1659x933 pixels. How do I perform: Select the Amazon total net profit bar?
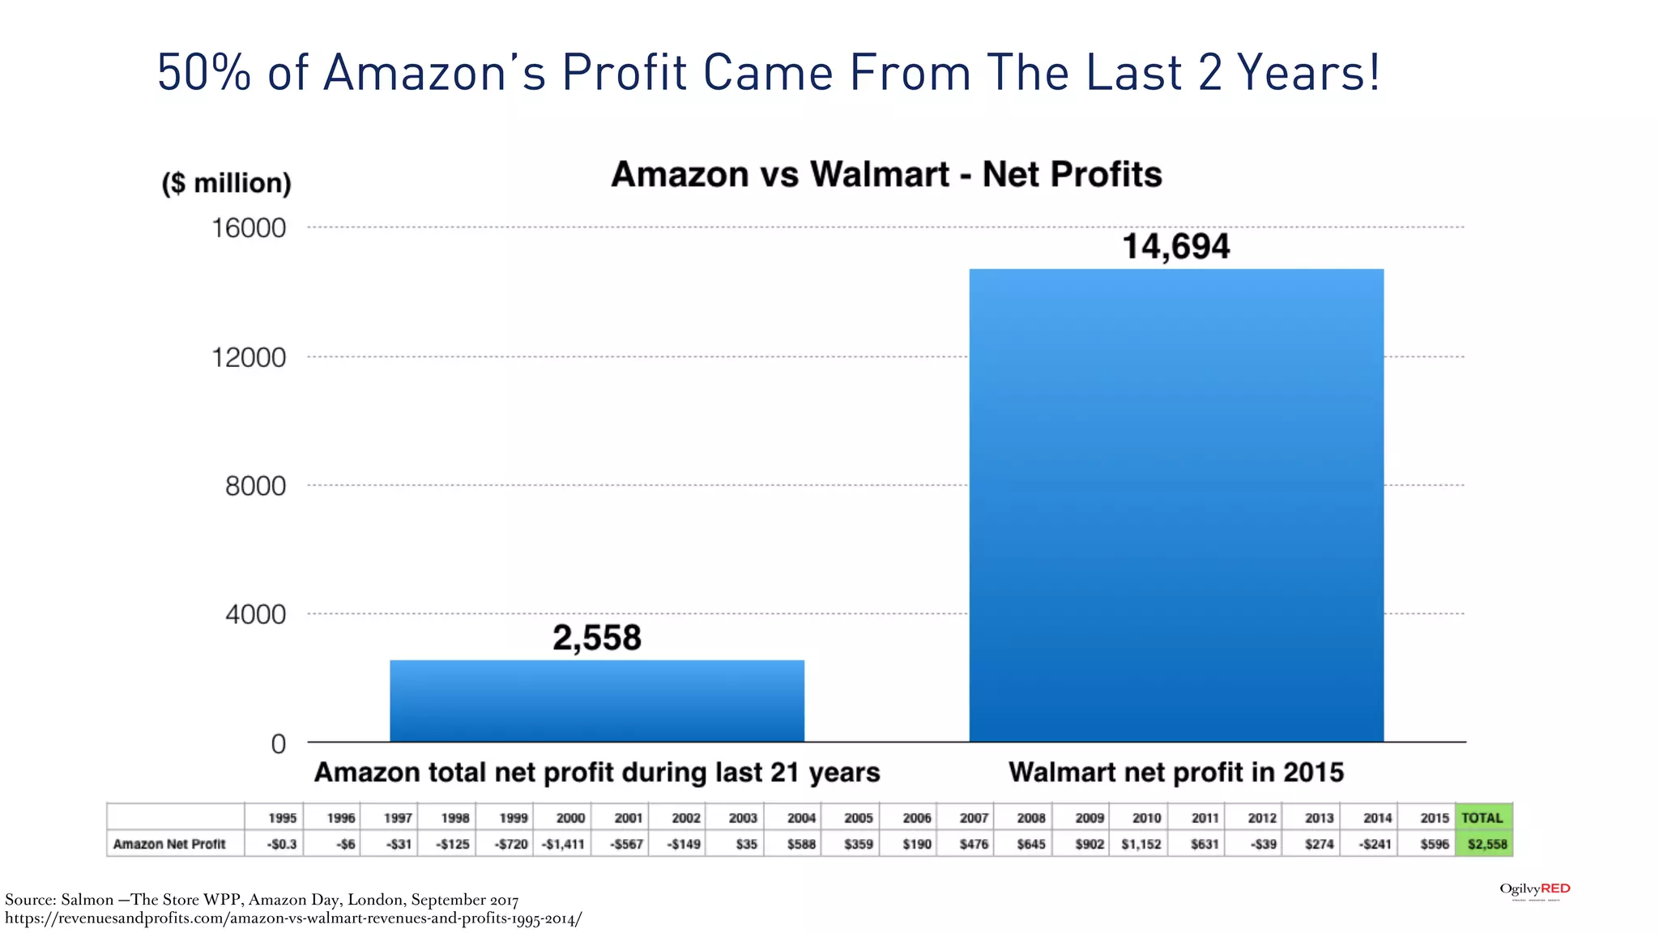597,701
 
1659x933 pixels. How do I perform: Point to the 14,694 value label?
1175,246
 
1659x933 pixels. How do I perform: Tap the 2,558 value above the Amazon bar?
597,638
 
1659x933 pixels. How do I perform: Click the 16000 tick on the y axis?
249,228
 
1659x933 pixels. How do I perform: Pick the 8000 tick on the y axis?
255,486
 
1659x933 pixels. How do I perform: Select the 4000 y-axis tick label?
255,615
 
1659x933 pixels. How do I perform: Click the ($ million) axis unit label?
227,183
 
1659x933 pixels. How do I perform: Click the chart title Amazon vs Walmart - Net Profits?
886,175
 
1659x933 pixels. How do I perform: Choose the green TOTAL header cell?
1482,818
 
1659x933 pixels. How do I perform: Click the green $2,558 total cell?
1486,844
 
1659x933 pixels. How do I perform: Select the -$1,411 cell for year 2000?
563,844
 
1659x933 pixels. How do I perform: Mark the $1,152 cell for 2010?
1141,844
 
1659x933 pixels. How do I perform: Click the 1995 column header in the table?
282,818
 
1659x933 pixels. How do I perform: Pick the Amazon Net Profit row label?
169,844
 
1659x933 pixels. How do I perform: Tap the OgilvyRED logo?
1534,890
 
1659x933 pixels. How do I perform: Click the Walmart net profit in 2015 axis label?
1175,773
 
